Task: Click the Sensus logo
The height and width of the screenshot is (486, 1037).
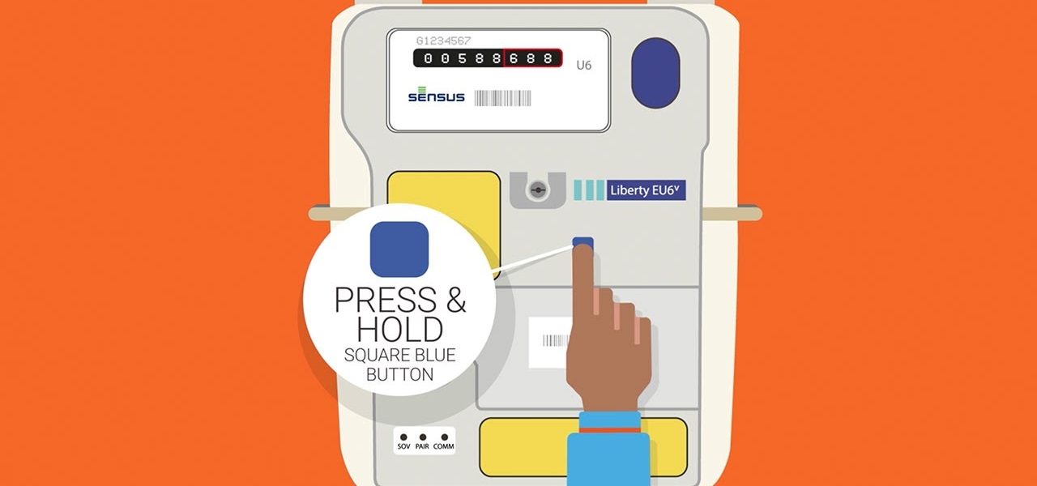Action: click(436, 95)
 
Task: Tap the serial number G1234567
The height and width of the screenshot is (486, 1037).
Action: click(443, 40)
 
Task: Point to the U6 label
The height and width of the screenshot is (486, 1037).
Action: click(584, 66)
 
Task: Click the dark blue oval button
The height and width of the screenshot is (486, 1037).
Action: click(655, 73)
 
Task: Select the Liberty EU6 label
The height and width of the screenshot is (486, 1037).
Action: click(646, 190)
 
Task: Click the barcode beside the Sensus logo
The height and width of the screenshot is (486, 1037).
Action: click(503, 98)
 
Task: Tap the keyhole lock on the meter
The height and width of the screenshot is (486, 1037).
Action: click(537, 190)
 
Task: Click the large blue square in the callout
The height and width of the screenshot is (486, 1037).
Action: click(399, 249)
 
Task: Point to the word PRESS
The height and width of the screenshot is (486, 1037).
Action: click(385, 300)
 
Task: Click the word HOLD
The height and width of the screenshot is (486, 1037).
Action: click(400, 329)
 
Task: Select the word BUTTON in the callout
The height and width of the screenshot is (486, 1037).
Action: click(400, 374)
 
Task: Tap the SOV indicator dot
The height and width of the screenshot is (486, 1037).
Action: click(403, 437)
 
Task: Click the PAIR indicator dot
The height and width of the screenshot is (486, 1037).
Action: click(423, 437)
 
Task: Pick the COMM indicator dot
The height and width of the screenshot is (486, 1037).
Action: click(445, 437)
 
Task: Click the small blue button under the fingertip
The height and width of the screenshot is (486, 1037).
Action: click(583, 241)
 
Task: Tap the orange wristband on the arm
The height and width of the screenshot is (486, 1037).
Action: click(610, 430)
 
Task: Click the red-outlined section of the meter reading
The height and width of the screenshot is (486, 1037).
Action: click(533, 58)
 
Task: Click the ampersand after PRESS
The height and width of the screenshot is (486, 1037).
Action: click(455, 300)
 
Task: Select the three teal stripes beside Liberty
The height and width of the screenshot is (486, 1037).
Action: click(589, 190)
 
